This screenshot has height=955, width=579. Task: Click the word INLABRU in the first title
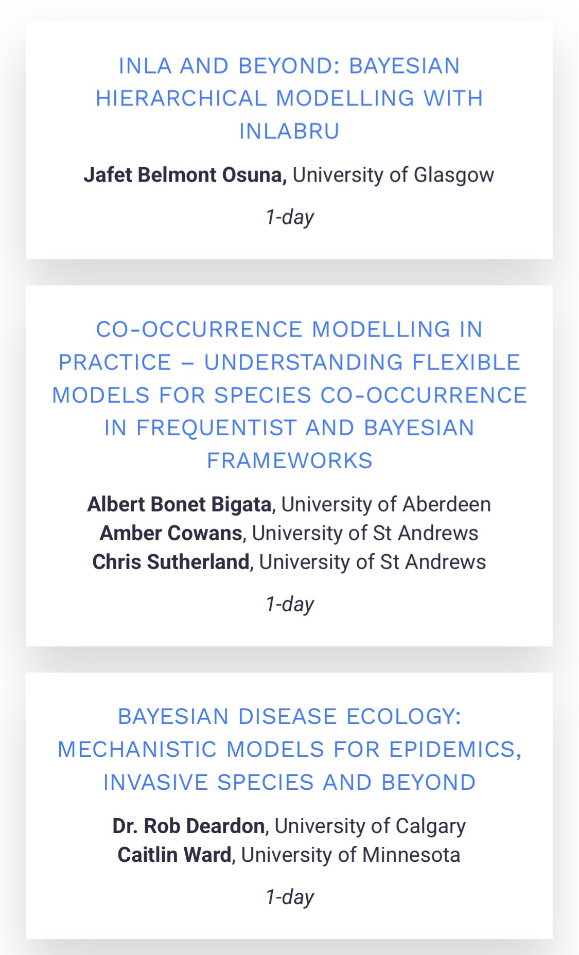[289, 131]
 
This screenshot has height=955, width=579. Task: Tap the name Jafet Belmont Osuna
[185, 175]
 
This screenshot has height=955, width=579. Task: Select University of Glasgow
[394, 175]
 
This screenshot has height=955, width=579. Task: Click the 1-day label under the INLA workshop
[290, 217]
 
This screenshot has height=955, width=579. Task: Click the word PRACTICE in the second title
[115, 362]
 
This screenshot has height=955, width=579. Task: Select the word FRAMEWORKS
[290, 461]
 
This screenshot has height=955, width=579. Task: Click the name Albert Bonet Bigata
[179, 504]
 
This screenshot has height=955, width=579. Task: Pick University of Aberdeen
[386, 504]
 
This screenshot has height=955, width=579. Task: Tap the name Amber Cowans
[171, 533]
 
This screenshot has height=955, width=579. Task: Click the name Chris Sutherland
[171, 562]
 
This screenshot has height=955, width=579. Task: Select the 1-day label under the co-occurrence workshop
[290, 604]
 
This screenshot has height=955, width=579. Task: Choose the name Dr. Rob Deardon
[188, 826]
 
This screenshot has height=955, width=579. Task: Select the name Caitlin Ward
[174, 855]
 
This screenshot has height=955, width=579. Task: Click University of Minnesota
[350, 855]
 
